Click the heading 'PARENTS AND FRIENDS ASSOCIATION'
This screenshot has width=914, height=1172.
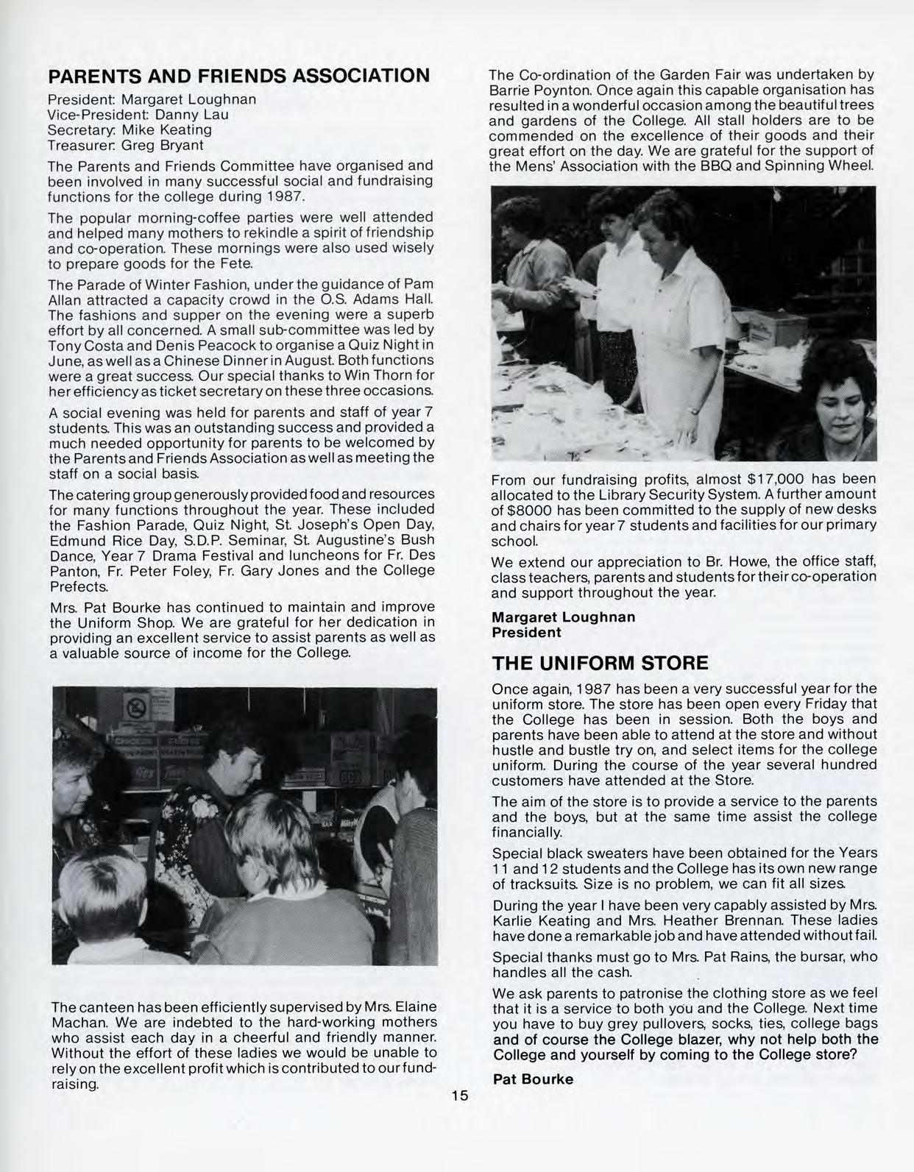(x=238, y=76)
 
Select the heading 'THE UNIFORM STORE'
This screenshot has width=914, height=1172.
(x=600, y=663)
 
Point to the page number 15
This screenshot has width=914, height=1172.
(x=459, y=1095)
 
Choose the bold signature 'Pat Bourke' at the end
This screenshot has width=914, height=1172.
(x=533, y=1079)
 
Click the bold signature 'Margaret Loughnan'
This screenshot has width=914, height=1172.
(x=563, y=617)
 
